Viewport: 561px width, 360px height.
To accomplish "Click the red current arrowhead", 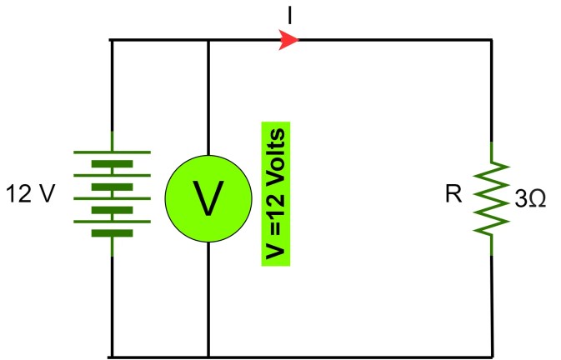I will pyautogui.click(x=289, y=39).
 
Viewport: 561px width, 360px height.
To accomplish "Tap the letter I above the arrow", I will pyautogui.click(x=288, y=14).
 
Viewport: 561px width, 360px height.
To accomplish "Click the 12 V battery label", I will pyautogui.click(x=31, y=196).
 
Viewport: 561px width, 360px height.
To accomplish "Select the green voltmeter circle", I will pyautogui.click(x=208, y=196).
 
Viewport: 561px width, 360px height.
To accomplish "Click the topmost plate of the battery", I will pyautogui.click(x=112, y=152).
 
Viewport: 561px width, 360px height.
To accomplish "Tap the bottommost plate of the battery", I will pyautogui.click(x=112, y=233).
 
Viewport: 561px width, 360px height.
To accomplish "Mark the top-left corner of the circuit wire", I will pyautogui.click(x=112, y=39).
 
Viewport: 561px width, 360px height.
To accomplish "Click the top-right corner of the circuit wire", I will pyautogui.click(x=492, y=39).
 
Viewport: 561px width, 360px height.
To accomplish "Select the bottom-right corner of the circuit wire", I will pyautogui.click(x=492, y=357).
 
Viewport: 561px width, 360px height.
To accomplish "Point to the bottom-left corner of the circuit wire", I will pyautogui.click(x=112, y=357).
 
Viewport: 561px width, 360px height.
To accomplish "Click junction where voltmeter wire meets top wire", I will pyautogui.click(x=208, y=39).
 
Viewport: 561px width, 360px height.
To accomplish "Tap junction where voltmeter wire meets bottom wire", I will pyautogui.click(x=208, y=357).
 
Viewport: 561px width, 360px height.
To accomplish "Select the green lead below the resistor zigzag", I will pyautogui.click(x=492, y=244).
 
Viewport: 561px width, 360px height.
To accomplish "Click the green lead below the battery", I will pyautogui.click(x=112, y=247).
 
